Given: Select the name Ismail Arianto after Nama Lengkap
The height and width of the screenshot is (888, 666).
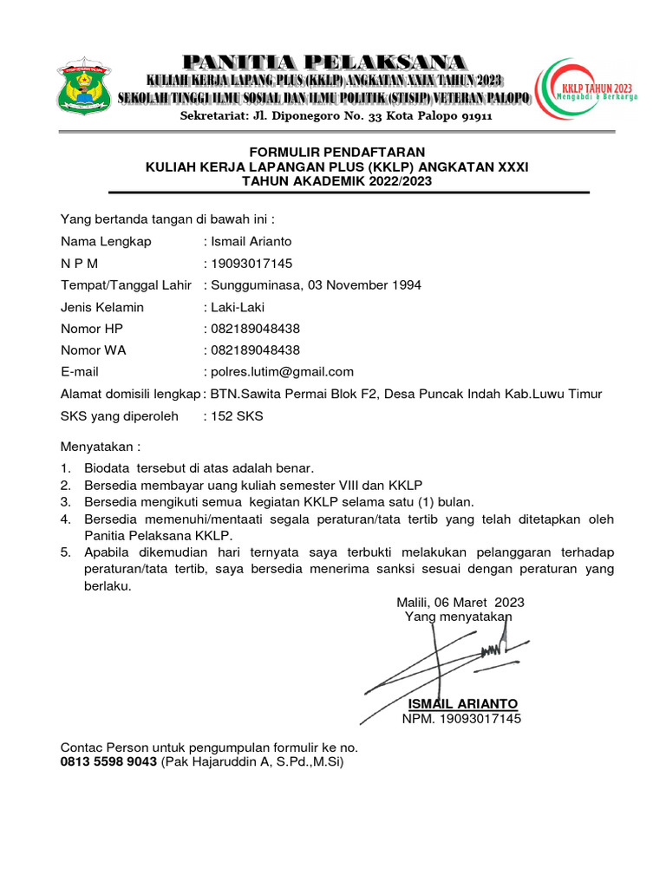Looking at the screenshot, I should click(251, 242).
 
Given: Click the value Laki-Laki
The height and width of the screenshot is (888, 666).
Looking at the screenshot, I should click(238, 307).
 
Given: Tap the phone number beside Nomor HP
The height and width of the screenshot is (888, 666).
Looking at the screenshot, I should click(256, 329).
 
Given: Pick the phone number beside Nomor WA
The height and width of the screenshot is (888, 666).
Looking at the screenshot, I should click(256, 350).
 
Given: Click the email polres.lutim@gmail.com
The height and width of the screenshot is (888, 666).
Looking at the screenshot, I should click(282, 372).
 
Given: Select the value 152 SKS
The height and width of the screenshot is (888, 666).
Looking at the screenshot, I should click(237, 416).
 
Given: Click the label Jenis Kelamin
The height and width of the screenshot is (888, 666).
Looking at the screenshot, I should click(102, 307).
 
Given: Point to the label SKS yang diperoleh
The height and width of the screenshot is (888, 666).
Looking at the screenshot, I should click(119, 416).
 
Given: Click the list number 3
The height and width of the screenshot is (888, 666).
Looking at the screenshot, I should click(65, 502).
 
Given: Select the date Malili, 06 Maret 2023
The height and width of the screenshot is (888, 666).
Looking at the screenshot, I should click(460, 602).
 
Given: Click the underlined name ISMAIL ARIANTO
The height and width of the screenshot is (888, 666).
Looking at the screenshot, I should click(462, 703).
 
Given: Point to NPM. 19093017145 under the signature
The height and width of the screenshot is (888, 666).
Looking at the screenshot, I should click(461, 719).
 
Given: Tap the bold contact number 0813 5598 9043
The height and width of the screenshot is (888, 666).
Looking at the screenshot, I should click(108, 761).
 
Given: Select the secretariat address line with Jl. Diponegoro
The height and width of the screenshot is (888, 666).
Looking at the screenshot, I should click(336, 116).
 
